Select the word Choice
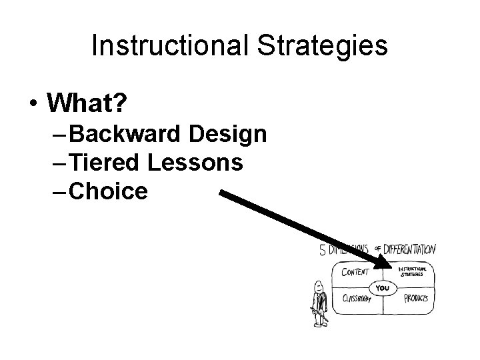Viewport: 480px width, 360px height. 107,191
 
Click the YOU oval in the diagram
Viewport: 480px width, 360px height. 383,288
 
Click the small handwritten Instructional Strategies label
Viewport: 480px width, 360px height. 415,271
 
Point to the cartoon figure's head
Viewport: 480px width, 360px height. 318,283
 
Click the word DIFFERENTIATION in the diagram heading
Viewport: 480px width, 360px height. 411,250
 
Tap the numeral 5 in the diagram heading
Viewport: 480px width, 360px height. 323,251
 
